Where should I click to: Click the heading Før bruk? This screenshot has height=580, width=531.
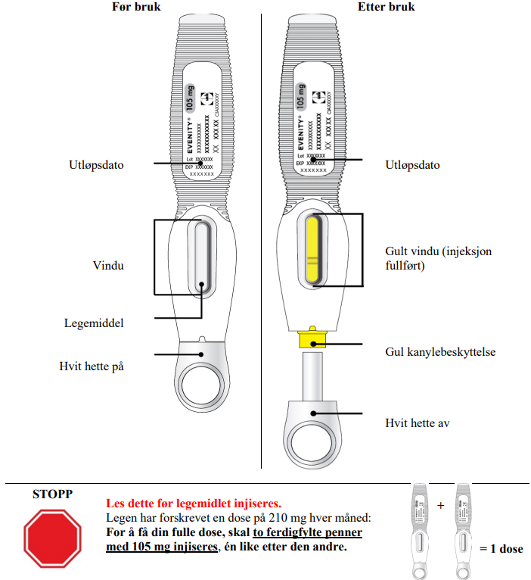tap(135, 8)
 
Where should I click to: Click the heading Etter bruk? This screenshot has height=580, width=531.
tap(386, 8)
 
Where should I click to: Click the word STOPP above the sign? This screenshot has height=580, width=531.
tap(53, 494)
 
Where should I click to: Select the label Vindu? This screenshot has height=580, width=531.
tap(109, 266)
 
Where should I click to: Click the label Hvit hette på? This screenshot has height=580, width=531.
tap(92, 366)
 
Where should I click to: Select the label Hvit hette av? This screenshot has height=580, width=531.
tap(418, 423)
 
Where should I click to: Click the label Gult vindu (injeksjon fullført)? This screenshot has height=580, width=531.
tap(427, 258)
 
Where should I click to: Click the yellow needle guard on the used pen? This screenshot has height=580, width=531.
tap(312, 338)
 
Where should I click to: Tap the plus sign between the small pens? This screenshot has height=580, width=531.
tap(440, 505)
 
